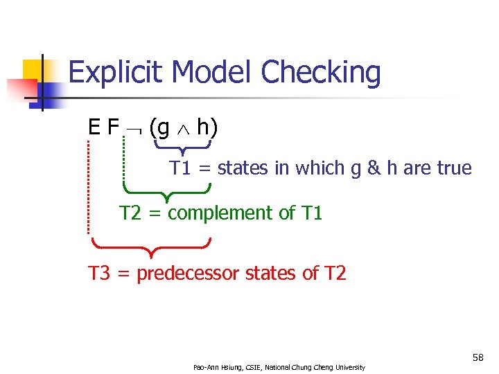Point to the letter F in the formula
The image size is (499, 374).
pyautogui.click(x=114, y=127)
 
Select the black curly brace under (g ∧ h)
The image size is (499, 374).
pyautogui.click(x=182, y=148)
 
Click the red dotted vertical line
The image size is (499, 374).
pyautogui.click(x=89, y=187)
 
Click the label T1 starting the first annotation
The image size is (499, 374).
pyautogui.click(x=181, y=168)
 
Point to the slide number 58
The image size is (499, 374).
pyautogui.click(x=478, y=357)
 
